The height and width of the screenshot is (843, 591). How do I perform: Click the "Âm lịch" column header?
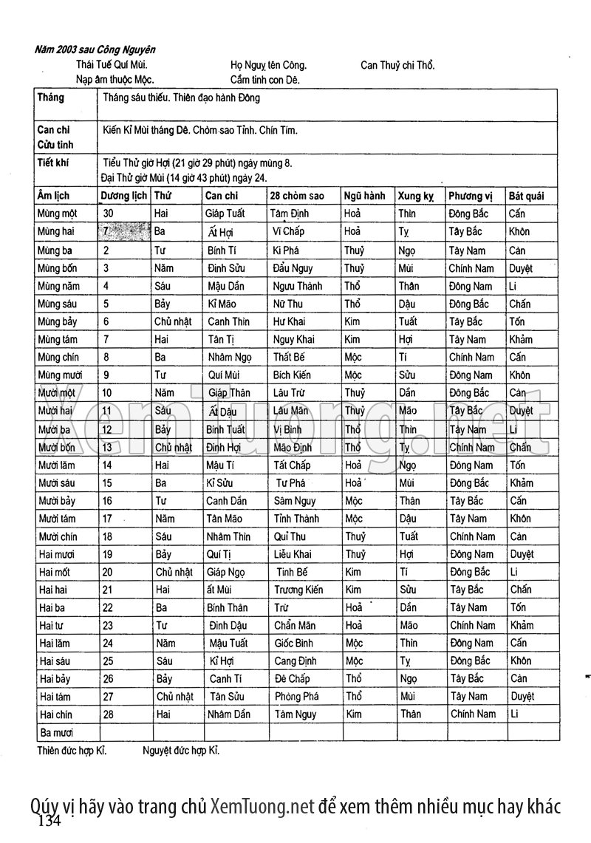point(53,196)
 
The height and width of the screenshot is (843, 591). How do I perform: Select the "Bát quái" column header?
point(526,196)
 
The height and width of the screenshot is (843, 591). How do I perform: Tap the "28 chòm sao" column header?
point(298,196)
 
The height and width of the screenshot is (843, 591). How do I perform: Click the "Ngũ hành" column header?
point(364,196)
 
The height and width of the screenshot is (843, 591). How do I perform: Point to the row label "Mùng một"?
point(57,214)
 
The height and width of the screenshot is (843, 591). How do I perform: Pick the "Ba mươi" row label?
point(56,732)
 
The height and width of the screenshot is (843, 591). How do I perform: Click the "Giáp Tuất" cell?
point(225,214)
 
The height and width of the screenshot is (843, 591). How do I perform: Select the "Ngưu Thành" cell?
point(298,286)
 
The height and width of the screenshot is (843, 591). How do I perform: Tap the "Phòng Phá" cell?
point(296,696)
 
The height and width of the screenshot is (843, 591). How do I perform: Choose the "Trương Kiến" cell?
point(298,590)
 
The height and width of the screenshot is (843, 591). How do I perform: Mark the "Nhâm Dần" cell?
point(229,714)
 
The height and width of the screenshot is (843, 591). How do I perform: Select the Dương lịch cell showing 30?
point(108,214)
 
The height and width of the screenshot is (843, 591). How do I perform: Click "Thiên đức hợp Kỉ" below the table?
point(72,751)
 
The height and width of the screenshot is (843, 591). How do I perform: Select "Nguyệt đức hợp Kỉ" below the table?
point(181,751)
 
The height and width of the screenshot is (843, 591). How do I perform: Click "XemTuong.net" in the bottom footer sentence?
point(262,806)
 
